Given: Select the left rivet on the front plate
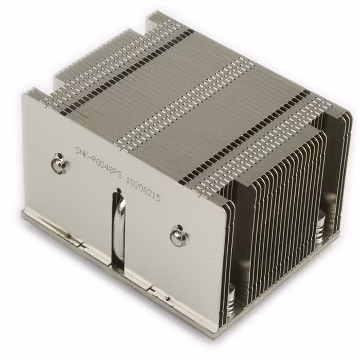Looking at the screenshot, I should [56, 164].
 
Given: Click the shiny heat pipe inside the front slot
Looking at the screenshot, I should [119, 226].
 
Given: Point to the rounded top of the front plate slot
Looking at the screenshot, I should [119, 192].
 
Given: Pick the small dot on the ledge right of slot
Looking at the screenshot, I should [167, 298].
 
